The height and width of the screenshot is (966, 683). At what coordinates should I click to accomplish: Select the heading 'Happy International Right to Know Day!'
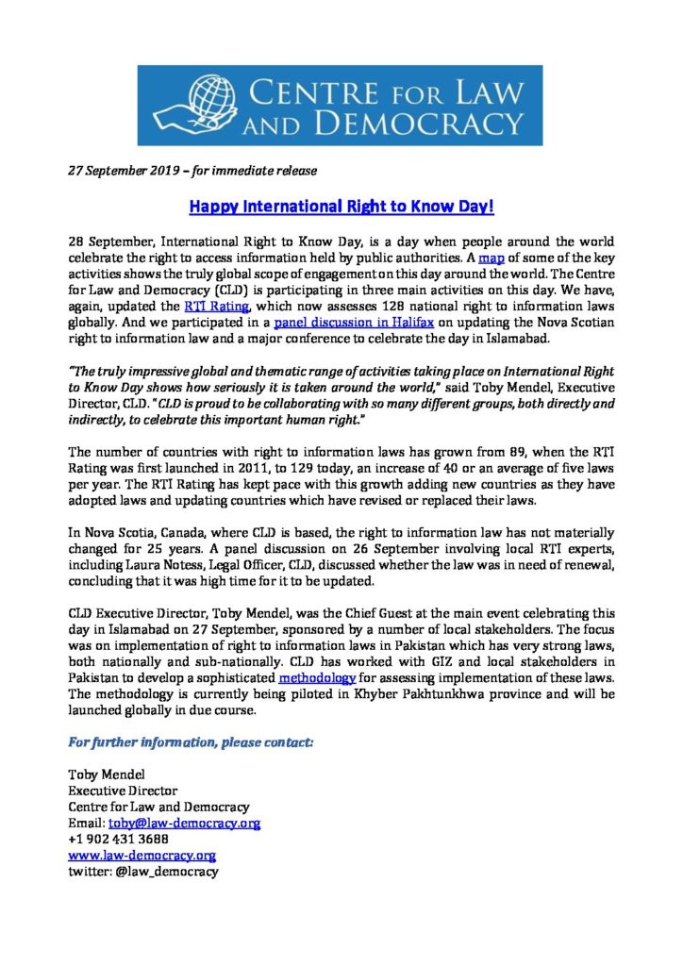click(341, 205)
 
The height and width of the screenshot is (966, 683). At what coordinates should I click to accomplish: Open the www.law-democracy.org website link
click(142, 856)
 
